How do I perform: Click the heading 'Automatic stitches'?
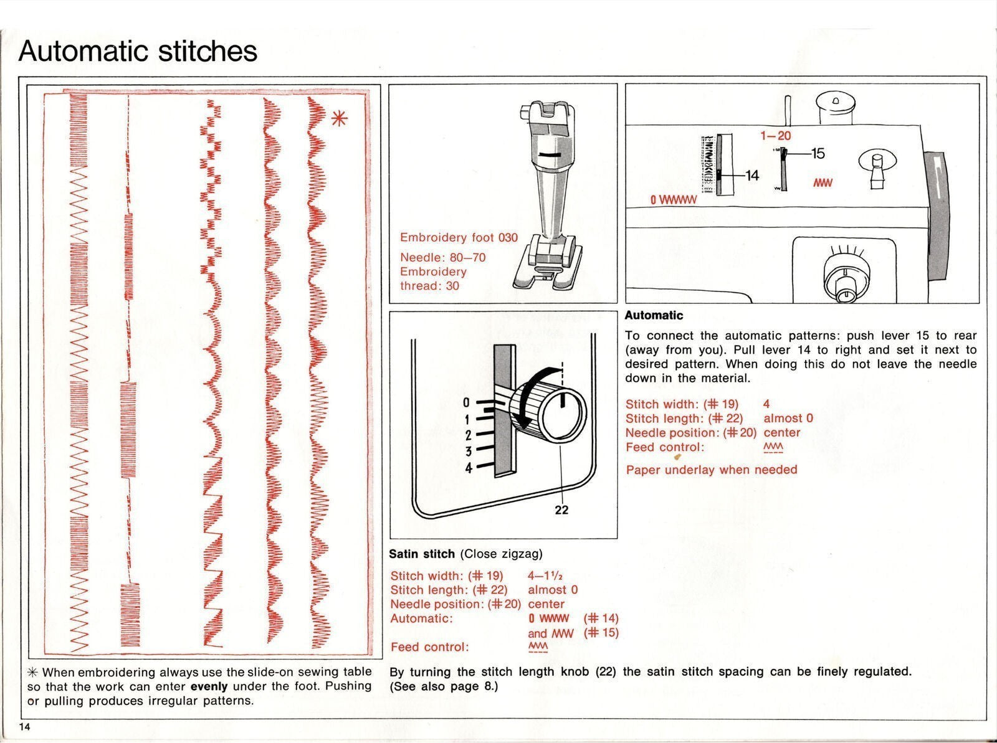[x=138, y=51]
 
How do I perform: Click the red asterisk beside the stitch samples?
[x=339, y=118]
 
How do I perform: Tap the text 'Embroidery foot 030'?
[x=459, y=237]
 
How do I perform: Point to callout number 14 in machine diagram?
[x=752, y=176]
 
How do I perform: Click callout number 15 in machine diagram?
[x=818, y=153]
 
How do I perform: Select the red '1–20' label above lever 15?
[x=775, y=135]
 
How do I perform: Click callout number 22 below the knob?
[x=561, y=510]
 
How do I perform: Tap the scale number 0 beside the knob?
[x=466, y=403]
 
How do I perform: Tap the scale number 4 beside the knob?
[x=468, y=467]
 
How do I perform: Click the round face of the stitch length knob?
[x=563, y=414]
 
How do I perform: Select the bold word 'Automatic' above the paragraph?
[x=654, y=315]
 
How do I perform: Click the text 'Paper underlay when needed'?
[x=711, y=470]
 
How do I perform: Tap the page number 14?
[x=24, y=728]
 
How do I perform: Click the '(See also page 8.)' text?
[x=444, y=686]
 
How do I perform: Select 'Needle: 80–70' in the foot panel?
[x=442, y=257]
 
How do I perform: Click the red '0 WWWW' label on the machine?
[x=673, y=201]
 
